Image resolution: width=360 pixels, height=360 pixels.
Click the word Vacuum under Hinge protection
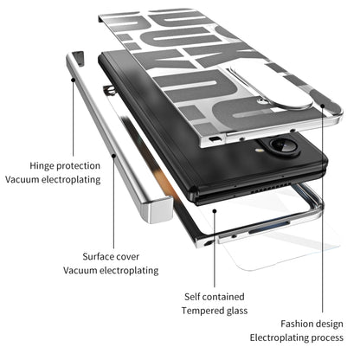26,179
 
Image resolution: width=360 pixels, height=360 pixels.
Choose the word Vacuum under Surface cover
80,271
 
